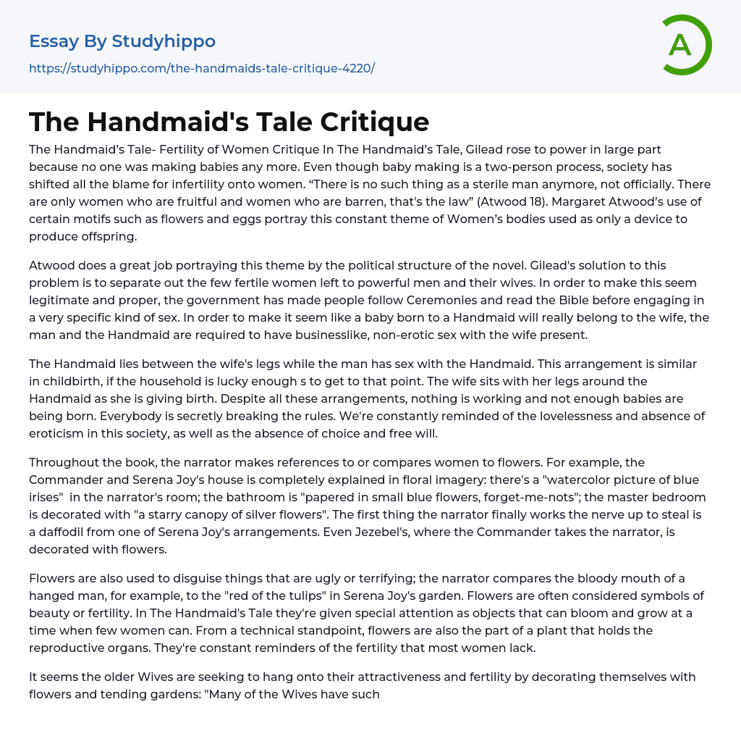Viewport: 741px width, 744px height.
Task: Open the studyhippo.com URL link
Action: tap(202, 68)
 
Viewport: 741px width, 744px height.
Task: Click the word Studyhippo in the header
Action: tap(164, 41)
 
